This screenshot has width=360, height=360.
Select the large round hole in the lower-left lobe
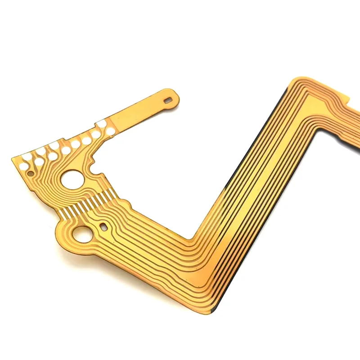[81, 234]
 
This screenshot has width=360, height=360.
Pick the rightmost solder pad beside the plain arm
[110, 131]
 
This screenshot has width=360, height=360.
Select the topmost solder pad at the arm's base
[101, 123]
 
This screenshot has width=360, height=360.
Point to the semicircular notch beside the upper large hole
[94, 168]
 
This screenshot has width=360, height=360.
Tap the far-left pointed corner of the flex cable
[12, 158]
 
